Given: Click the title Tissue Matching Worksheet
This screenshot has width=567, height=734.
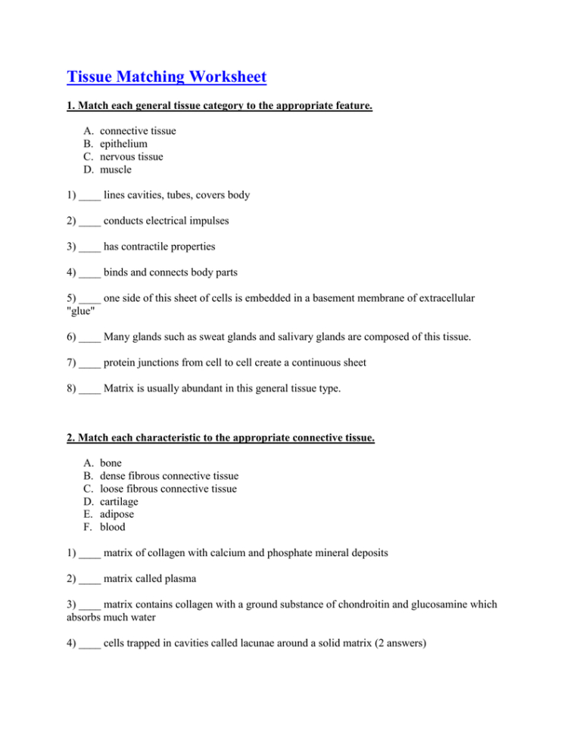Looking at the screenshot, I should (x=167, y=77).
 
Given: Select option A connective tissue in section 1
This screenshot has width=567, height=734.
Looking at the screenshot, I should (x=138, y=131).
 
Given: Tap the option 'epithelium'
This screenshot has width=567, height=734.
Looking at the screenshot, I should (x=123, y=144).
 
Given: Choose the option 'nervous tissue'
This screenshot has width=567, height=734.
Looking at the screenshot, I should (x=131, y=157).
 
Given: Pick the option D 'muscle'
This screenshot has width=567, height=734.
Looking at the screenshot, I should (x=115, y=170).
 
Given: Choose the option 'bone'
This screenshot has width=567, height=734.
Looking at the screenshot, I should (x=111, y=463).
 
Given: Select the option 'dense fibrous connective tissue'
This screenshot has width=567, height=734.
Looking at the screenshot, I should (x=169, y=476).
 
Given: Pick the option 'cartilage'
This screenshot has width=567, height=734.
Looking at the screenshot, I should (x=120, y=502).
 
